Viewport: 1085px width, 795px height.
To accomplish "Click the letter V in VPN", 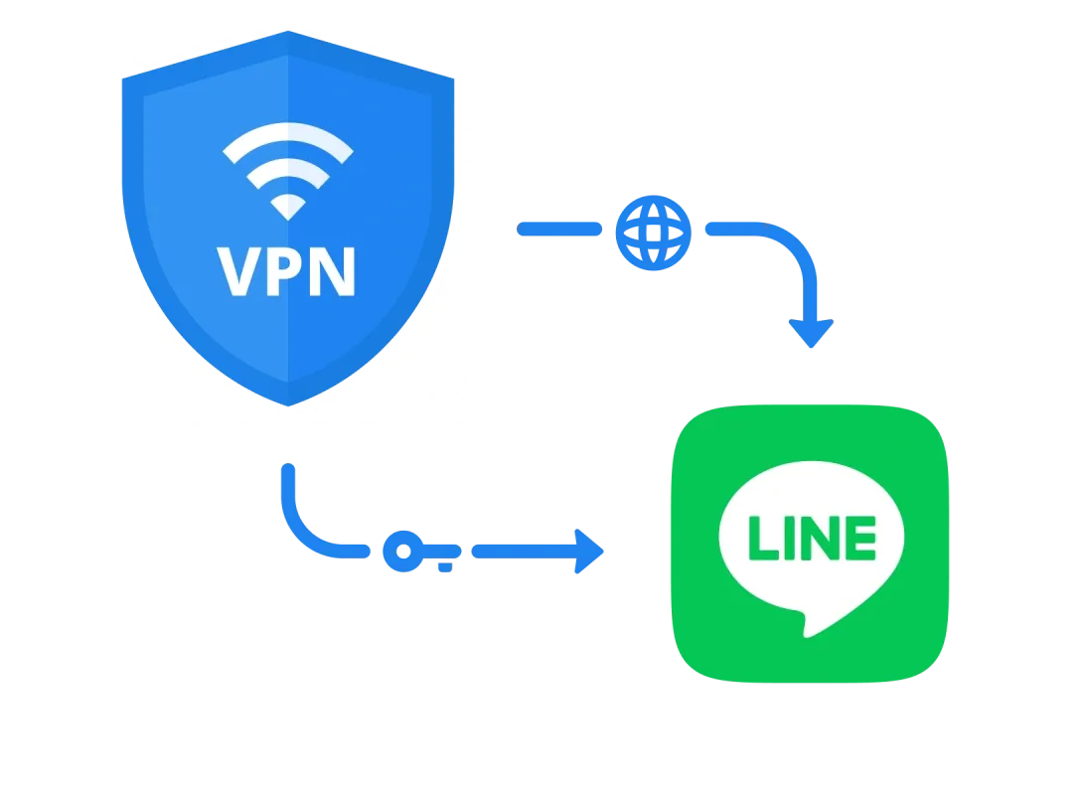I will click(239, 272).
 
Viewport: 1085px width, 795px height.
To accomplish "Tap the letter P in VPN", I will click(287, 272).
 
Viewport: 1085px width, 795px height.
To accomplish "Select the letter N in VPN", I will click(333, 272).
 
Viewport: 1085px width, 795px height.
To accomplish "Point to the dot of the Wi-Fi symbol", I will click(288, 207).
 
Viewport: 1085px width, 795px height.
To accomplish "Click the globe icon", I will click(652, 231).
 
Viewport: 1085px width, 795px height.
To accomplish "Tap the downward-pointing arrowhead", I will click(811, 332).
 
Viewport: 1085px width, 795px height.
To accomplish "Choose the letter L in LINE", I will click(762, 538).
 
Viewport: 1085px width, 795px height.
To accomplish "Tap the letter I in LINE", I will click(788, 538).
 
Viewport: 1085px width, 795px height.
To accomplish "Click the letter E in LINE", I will click(860, 538).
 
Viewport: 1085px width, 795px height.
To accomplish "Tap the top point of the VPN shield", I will click(288, 33).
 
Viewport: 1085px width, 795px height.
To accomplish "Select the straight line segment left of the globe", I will click(559, 230).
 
